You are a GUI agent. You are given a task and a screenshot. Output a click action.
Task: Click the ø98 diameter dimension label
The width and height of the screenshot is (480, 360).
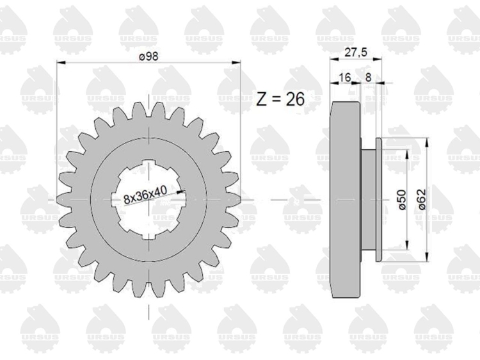148,56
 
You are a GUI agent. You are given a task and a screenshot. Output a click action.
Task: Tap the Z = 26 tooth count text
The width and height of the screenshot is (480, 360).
280,99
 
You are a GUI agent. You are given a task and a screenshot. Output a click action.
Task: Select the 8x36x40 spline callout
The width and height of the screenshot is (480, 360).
145,195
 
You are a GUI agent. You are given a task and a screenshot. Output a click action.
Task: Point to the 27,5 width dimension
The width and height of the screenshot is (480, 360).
356,53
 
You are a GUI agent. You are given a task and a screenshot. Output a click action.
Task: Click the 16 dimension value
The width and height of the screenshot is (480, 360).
345,78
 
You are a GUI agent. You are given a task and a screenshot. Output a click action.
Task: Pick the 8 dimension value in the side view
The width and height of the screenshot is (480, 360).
368,78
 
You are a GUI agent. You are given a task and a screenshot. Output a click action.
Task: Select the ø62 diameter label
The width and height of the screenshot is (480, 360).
422,199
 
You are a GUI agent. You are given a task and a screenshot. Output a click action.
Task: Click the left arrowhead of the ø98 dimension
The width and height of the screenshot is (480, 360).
61,63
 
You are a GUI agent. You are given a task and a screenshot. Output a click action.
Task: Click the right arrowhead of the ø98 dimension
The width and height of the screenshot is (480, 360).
236,63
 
